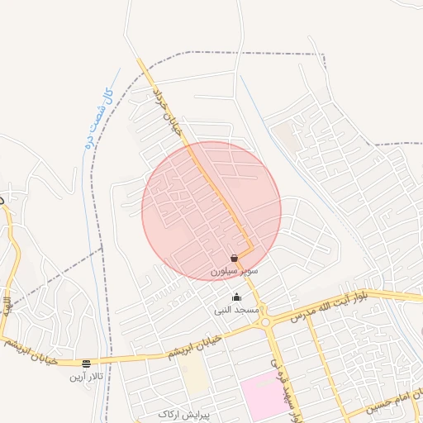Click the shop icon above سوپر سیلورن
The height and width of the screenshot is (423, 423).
(235, 258)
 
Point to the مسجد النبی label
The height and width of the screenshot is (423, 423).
(237, 310)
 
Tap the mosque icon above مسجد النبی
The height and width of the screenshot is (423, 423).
(237, 297)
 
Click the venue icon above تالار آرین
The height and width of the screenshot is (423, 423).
(86, 364)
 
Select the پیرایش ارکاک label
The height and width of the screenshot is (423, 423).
(184, 414)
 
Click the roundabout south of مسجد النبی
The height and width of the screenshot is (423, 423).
(267, 323)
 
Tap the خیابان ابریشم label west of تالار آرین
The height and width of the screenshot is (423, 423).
(20, 345)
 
